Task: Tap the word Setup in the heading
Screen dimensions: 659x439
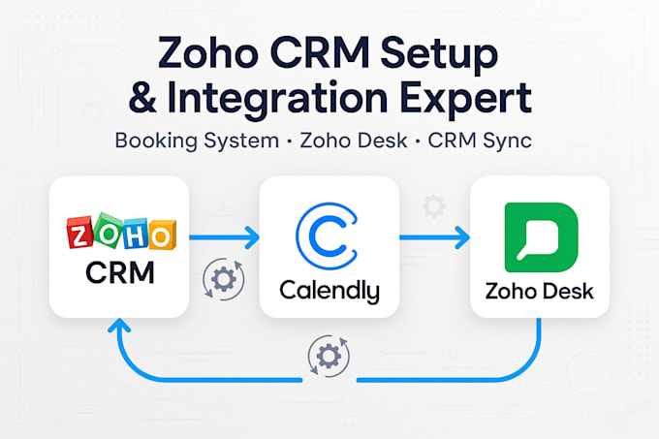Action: [439, 55]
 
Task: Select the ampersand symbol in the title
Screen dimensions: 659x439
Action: [142, 98]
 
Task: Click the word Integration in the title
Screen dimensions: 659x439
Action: [277, 100]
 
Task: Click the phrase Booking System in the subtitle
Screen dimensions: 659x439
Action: [197, 141]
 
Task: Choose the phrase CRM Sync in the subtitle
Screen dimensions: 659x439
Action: [480, 141]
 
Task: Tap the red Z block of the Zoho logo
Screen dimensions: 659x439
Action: [79, 232]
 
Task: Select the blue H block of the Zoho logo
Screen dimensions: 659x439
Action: [135, 234]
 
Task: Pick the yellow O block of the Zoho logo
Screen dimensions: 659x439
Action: [162, 235]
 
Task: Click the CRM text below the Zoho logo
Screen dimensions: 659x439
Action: [120, 273]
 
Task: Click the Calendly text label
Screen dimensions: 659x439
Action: [329, 291]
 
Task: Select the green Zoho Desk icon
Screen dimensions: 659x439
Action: [542, 237]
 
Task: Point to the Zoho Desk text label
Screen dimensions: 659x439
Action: [540, 291]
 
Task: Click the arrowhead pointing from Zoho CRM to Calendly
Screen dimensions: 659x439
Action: [252, 237]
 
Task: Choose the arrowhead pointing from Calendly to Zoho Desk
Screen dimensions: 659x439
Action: [462, 237]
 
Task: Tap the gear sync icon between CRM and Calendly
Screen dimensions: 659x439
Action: [223, 279]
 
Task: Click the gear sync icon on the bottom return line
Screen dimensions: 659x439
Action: [329, 357]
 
